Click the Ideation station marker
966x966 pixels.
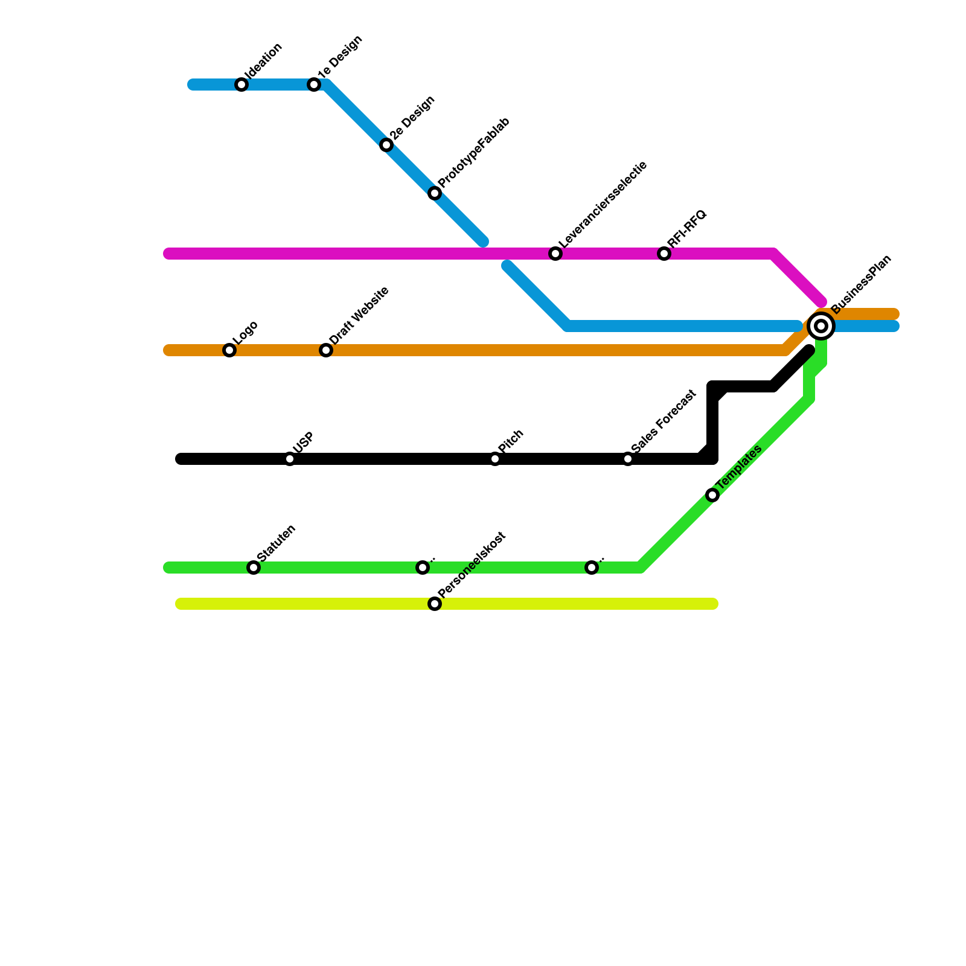pyautogui.click(x=241, y=85)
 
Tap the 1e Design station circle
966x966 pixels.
pyautogui.click(x=314, y=85)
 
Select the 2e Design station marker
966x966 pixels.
pyautogui.click(x=386, y=145)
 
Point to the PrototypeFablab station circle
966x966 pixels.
pyautogui.click(x=435, y=193)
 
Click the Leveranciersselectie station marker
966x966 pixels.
pyautogui.click(x=555, y=254)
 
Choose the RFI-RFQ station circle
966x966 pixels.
pyautogui.click(x=664, y=254)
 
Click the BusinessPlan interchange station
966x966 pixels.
pyautogui.click(x=821, y=326)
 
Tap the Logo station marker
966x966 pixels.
pyautogui.click(x=229, y=350)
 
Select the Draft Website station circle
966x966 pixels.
pyautogui.click(x=326, y=350)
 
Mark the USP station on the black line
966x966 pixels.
pyautogui.click(x=290, y=459)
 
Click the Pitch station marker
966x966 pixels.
pyautogui.click(x=495, y=459)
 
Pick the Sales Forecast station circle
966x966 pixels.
pyautogui.click(x=628, y=459)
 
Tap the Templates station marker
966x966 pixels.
pyautogui.click(x=712, y=495)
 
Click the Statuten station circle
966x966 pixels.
pyautogui.click(x=254, y=568)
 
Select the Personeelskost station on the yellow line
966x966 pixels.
pyautogui.click(x=435, y=604)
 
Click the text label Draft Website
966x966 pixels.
pyautogui.click(x=359, y=315)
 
